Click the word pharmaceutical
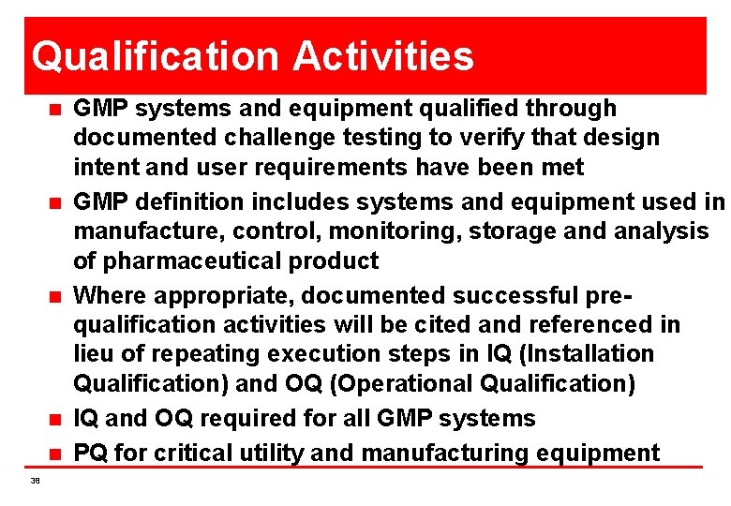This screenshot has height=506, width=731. click(196, 260)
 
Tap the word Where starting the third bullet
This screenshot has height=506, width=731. click(110, 295)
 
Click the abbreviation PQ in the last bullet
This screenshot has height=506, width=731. click(91, 454)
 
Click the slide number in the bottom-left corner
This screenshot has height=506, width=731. click(36, 481)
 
